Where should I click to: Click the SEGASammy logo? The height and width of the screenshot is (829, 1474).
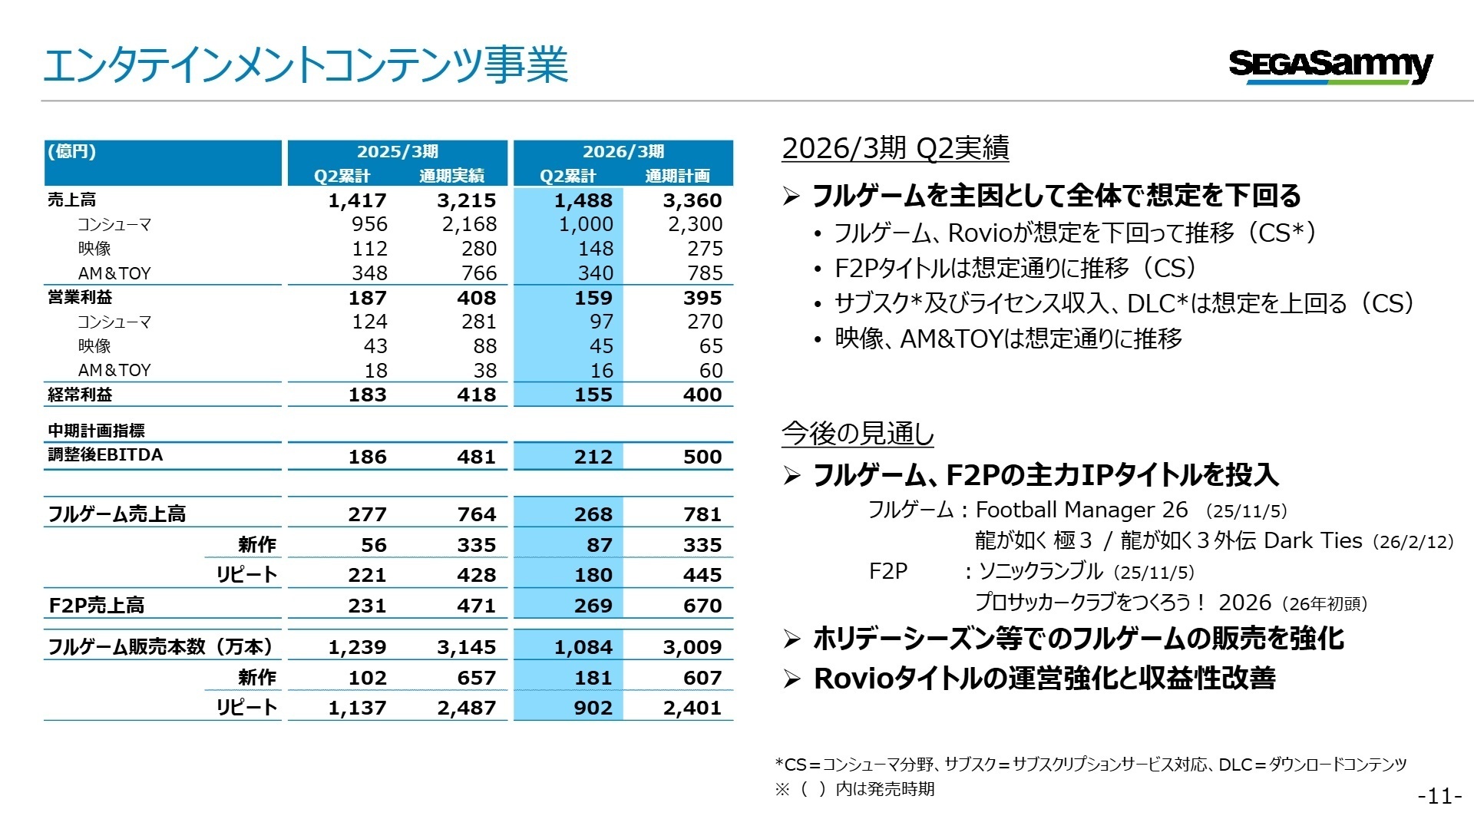tap(1330, 66)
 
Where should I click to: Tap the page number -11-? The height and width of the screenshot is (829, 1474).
tap(1439, 797)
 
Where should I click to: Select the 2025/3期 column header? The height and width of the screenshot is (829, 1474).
tap(397, 151)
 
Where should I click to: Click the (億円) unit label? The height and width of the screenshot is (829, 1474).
tap(72, 151)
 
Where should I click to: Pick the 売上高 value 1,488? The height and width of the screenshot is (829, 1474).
tap(583, 200)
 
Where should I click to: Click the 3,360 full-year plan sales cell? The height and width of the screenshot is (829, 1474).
tap(692, 200)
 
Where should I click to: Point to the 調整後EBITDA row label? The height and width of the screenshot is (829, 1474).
tap(105, 455)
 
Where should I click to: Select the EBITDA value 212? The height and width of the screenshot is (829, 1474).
tap(593, 457)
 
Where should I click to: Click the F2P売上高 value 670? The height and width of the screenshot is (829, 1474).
tap(702, 606)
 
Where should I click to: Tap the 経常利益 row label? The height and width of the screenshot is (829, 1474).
tap(80, 395)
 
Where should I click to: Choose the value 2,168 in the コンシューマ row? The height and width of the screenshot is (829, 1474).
tap(469, 224)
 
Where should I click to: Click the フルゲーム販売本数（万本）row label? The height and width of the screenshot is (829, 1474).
tap(160, 647)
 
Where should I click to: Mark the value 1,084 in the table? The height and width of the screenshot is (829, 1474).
tap(583, 647)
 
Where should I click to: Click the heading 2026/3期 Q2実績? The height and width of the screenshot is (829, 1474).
tap(895, 148)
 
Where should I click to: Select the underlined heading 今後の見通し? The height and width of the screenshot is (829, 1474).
tap(858, 434)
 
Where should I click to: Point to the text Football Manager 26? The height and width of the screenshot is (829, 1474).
tap(1081, 510)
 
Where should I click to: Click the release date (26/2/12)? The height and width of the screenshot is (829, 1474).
tap(1413, 542)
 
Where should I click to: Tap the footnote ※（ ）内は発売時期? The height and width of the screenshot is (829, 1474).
tap(854, 789)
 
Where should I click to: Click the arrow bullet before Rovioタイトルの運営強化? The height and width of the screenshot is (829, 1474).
tap(792, 679)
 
